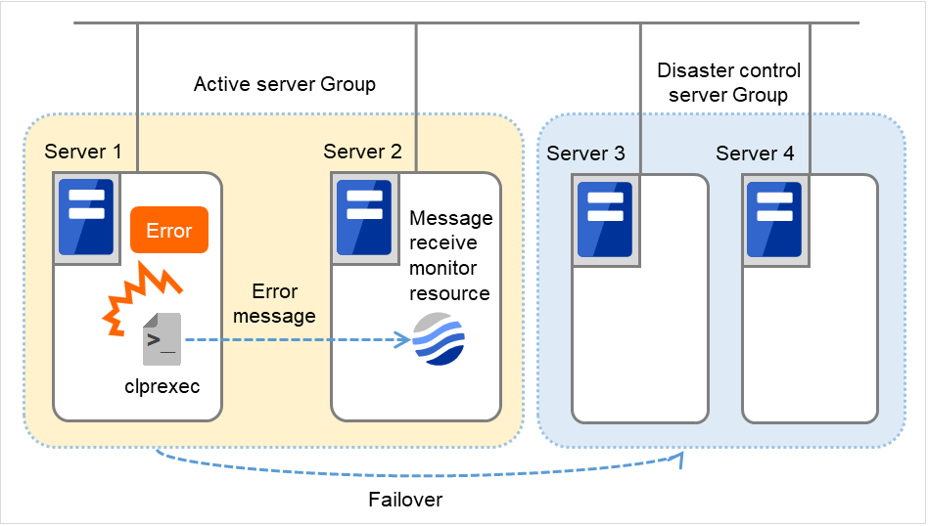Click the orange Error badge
tap(169, 231)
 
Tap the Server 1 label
tap(83, 152)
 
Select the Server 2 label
tap(362, 152)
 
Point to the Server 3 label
tap(585, 153)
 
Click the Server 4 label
tap(755, 153)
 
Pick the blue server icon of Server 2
tap(364, 216)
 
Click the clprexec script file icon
tap(160, 337)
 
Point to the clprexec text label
tap(162, 386)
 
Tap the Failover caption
tap(405, 500)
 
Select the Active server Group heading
tap(285, 84)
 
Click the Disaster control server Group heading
tap(728, 83)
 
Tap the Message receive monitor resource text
tap(450, 255)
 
